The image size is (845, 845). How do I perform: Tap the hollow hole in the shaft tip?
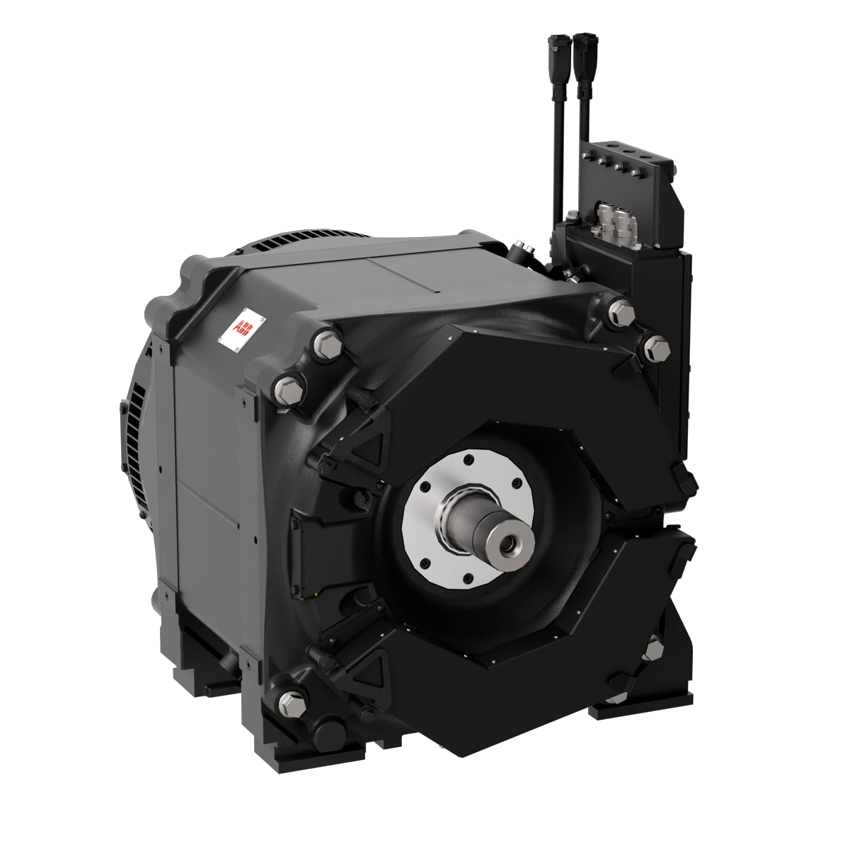507,542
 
